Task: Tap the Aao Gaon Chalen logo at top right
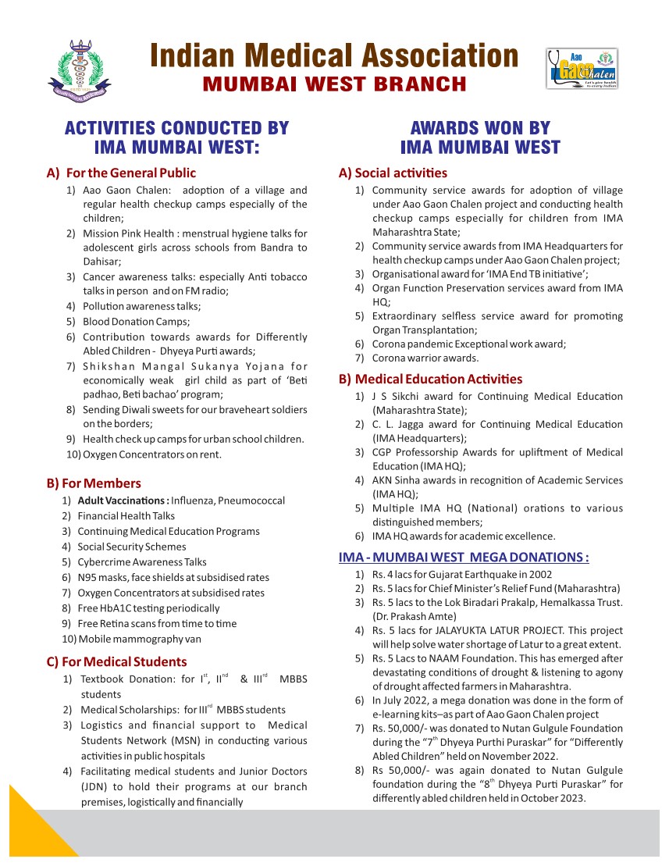coord(582,69)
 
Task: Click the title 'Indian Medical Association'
coord(334,56)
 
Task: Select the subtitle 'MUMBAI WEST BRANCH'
coord(334,84)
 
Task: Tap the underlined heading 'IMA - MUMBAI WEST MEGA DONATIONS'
coord(464,558)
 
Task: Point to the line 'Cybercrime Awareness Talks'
coord(142,562)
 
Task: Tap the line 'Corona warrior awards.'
coord(425,358)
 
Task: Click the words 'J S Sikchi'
coord(397,396)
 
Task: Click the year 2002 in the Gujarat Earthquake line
coord(513,574)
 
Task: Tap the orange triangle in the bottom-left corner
coord(31,828)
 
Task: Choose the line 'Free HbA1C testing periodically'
coord(148,608)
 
